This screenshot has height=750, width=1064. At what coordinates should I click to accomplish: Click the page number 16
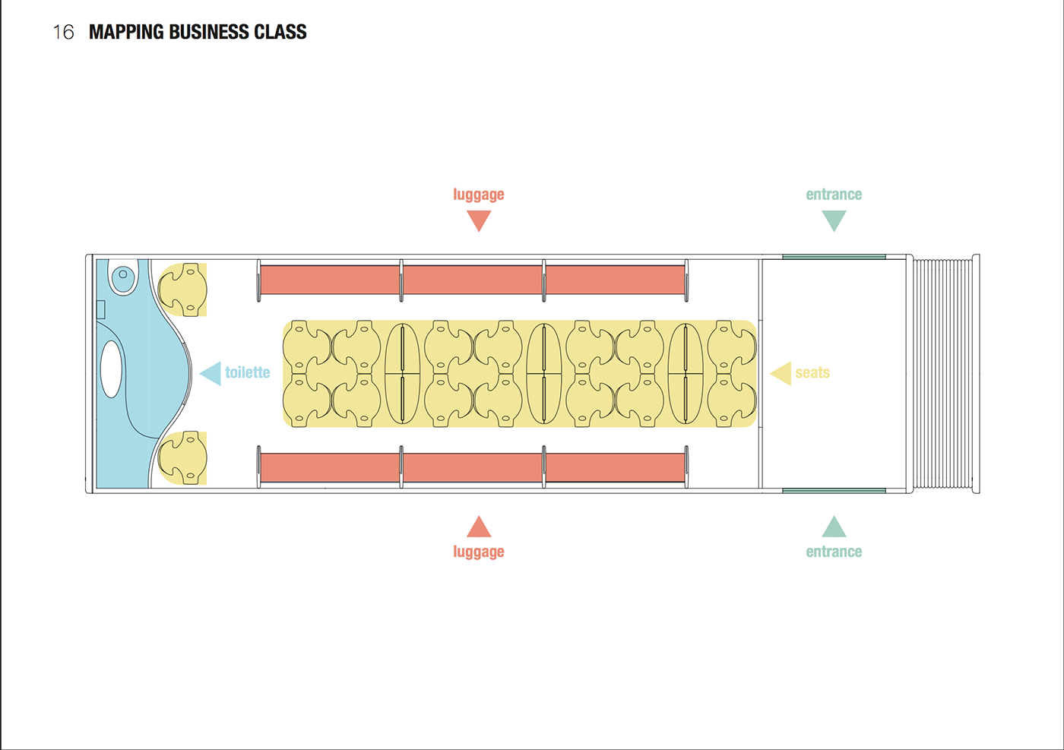[63, 32]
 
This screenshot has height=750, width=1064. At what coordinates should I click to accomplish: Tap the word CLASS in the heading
[280, 32]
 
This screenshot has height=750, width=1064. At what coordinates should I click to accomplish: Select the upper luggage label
[479, 195]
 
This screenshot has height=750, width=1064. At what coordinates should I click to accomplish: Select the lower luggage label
[479, 552]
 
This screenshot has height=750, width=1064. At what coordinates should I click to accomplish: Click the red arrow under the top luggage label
[479, 219]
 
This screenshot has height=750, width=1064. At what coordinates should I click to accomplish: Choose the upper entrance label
[834, 195]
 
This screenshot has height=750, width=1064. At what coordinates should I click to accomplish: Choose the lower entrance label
[834, 552]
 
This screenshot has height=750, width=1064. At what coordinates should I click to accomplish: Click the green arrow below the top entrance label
[834, 219]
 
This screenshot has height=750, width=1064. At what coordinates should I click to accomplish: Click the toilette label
[248, 372]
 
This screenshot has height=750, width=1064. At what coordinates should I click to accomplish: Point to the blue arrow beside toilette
[212, 373]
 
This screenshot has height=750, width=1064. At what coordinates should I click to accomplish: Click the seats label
[812, 373]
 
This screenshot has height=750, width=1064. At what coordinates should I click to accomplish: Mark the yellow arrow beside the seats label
[782, 373]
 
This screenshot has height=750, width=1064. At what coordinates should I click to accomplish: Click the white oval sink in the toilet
[112, 369]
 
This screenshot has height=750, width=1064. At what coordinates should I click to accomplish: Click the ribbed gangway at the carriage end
[943, 374]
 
